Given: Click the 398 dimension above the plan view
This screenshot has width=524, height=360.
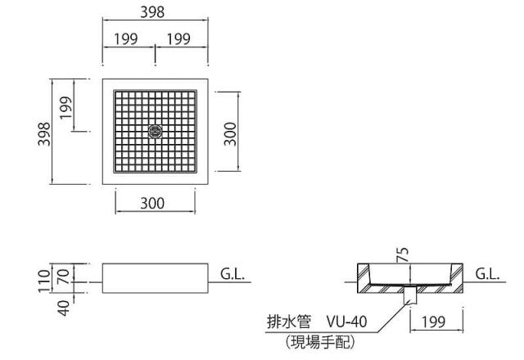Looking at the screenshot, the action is click(152, 12).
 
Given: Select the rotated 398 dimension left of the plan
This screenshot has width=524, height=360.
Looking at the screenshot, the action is click(44, 134).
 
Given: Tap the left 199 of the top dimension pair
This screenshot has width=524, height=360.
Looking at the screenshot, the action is click(126, 38).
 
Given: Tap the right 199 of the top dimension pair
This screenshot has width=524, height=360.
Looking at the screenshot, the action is click(178, 38).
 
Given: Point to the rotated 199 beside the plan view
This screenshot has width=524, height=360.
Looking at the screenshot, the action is click(66, 107).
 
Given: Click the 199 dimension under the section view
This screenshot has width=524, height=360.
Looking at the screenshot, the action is click(433, 322).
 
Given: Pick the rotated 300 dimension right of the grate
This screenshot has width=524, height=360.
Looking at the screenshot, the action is click(230, 134).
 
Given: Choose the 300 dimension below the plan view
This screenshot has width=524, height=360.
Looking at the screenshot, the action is click(152, 203).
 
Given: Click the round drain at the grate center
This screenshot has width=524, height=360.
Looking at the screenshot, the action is click(155, 131).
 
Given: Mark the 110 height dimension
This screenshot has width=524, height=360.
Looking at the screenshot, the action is click(44, 281).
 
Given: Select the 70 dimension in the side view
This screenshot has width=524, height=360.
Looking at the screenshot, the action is click(64, 277).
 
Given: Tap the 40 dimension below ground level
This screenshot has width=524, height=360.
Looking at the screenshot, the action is click(64, 308).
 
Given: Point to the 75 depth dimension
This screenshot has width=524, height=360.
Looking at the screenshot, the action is click(403, 254).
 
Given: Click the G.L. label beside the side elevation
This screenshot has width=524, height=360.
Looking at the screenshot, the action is click(233, 274).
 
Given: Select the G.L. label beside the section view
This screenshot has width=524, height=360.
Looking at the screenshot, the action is click(487, 274).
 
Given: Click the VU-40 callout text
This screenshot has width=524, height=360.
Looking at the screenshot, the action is click(346, 322).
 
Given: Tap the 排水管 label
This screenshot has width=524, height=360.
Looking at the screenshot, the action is click(289, 322).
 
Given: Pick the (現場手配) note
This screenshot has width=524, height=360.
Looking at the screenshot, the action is click(320, 342).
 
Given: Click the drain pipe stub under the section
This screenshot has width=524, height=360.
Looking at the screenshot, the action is click(410, 295).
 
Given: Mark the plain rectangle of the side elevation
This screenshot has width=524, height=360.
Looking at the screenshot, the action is click(155, 278).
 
